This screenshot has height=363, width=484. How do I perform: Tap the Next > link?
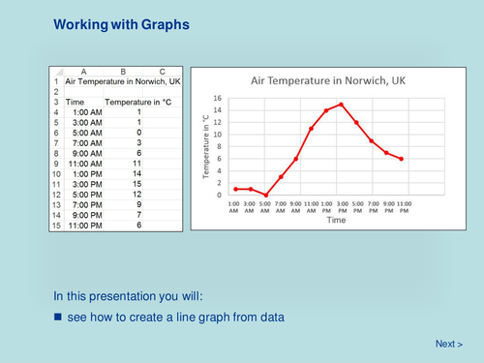[448, 344]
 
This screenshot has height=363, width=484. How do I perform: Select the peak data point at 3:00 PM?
[341, 104]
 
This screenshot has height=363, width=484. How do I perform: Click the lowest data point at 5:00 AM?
[266, 195]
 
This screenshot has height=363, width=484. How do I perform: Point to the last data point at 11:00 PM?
[401, 159]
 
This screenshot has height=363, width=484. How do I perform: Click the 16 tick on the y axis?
[219, 98]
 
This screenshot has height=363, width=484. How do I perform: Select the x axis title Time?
[336, 220]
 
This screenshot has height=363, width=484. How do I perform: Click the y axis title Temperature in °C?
[206, 146]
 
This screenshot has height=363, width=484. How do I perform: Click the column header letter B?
[123, 72]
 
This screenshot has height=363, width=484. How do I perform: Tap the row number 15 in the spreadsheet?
[56, 226]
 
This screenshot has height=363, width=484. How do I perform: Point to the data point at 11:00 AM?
[311, 128]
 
